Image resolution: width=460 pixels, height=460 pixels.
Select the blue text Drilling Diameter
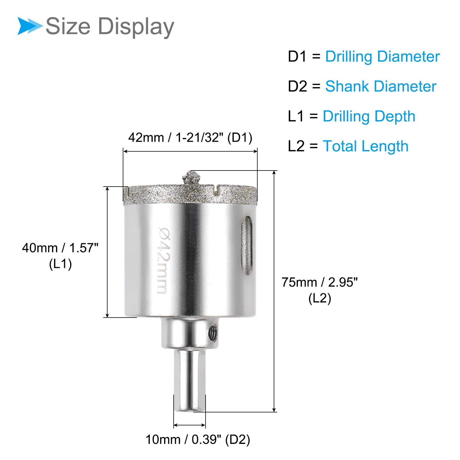382,57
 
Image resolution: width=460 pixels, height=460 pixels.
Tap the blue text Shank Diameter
381,86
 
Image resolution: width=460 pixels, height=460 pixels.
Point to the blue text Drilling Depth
369,117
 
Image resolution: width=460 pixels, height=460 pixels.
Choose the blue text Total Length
365,146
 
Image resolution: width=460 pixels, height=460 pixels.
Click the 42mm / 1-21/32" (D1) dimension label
190,138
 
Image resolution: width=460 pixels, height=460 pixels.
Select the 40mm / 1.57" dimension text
60,248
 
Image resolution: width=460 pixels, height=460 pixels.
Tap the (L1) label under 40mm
60,264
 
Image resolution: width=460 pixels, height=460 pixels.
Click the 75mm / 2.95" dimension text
320,282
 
